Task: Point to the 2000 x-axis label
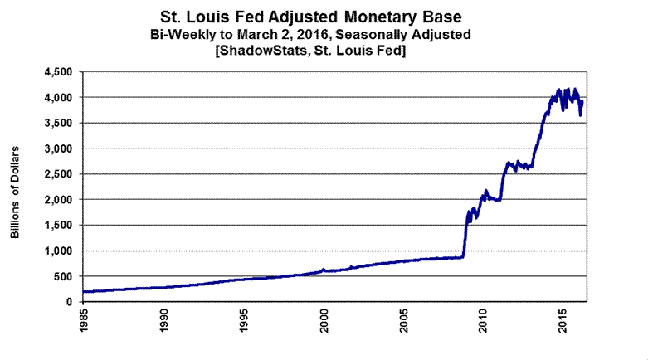coord(325,320)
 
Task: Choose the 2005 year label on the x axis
coord(405,320)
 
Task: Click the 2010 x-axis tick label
coord(485,320)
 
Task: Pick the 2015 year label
coord(564,320)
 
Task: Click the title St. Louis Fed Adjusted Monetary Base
coord(323,17)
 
